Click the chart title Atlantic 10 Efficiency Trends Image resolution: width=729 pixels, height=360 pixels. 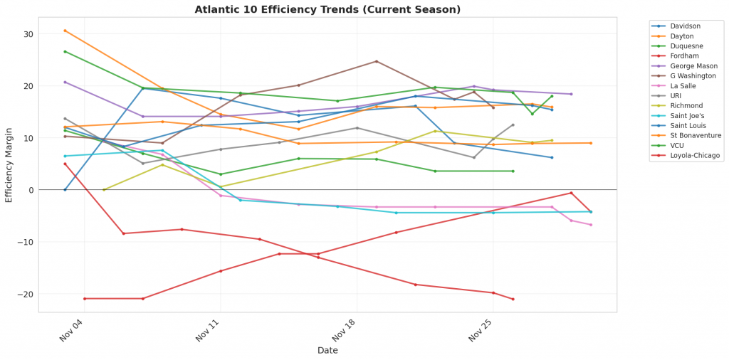point(327,9)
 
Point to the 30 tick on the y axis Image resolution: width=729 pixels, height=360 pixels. point(29,34)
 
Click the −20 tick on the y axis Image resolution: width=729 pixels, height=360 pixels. point(27,294)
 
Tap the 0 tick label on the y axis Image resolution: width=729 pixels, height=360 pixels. point(32,190)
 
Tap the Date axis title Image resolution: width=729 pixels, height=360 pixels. point(327,350)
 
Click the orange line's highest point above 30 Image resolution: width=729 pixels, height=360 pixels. point(65,31)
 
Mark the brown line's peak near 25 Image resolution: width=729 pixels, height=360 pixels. point(377,61)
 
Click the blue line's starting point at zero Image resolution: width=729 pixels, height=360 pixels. point(65,190)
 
